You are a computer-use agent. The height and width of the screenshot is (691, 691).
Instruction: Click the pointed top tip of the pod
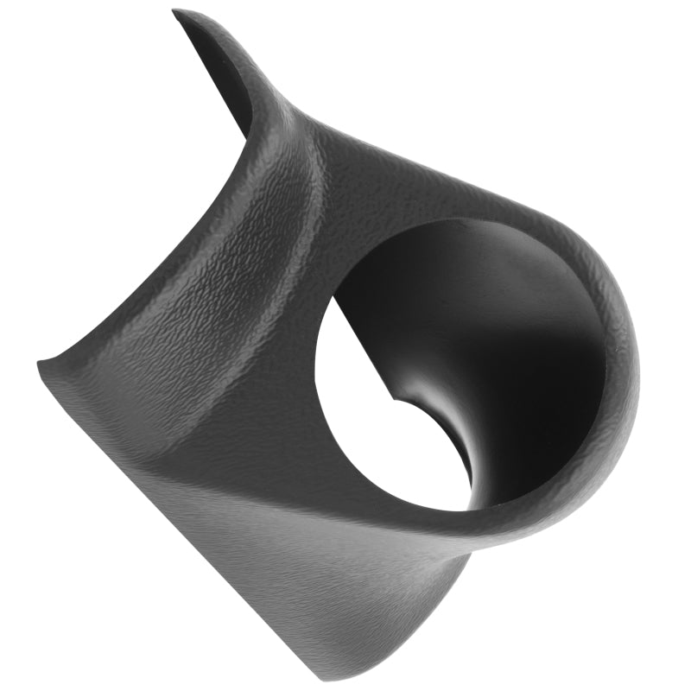click(176, 12)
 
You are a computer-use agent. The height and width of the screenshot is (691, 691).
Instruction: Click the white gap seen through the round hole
click(380, 432)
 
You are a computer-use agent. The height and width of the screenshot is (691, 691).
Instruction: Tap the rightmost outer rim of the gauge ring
click(635, 363)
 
